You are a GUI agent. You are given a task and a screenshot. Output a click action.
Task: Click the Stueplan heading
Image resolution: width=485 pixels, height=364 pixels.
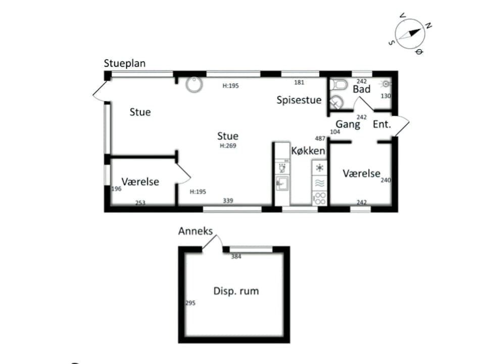(x=124, y=64)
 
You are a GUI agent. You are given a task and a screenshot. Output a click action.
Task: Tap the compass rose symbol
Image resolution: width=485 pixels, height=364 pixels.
(x=410, y=33)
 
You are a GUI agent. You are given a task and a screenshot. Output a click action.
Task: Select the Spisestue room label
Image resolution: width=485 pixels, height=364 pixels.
(x=299, y=100)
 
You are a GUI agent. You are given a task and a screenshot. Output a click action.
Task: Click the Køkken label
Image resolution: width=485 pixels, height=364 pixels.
(x=308, y=151)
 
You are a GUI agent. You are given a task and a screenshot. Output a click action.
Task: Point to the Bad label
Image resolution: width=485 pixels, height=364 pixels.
(x=362, y=89)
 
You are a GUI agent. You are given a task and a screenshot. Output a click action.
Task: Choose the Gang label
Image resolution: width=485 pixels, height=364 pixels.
(x=348, y=124)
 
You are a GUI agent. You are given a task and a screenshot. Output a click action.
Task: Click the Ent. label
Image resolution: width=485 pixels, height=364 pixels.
(x=382, y=124)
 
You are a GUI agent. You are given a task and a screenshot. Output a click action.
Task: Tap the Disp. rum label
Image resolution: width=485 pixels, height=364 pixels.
(x=236, y=291)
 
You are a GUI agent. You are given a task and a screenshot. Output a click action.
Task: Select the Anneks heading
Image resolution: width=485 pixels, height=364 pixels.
(x=196, y=231)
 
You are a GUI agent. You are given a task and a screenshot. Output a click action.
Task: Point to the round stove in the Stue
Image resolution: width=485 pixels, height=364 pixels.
(x=194, y=84)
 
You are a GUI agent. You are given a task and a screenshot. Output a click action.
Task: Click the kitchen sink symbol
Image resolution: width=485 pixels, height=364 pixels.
(x=281, y=183)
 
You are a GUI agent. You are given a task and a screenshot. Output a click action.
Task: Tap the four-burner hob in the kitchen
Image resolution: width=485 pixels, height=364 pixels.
(x=319, y=198)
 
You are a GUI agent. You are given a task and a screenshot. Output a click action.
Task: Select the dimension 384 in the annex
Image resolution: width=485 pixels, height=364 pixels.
(x=236, y=257)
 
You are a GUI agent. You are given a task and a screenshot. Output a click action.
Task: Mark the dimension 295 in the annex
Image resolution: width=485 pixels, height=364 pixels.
(x=190, y=303)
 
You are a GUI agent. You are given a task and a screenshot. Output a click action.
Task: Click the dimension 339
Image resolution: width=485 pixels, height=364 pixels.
(x=228, y=201)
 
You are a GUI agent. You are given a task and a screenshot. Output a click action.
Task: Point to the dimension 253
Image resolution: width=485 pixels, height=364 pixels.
(x=140, y=203)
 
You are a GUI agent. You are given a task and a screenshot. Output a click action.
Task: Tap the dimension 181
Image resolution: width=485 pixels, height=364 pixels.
(x=299, y=82)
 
